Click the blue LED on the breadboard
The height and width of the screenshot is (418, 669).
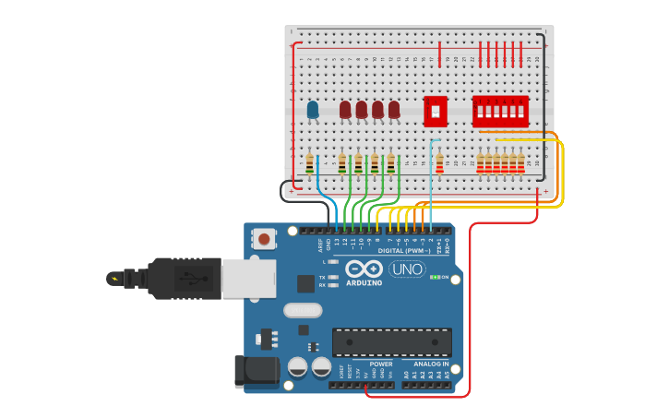pyautogui.click(x=313, y=110)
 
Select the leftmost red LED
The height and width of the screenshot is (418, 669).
pyautogui.click(x=345, y=110)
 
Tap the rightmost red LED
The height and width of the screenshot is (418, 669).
pyautogui.click(x=394, y=110)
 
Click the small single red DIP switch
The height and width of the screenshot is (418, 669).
pyautogui.click(x=436, y=111)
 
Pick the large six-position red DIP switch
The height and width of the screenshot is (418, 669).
pyautogui.click(x=500, y=111)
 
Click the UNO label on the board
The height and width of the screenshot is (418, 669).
pyautogui.click(x=407, y=269)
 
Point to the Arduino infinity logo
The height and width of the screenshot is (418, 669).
pyautogui.click(x=364, y=269)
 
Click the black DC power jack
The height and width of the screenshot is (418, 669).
pyautogui.click(x=257, y=370)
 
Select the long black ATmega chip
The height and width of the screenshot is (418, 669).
pyautogui.click(x=392, y=341)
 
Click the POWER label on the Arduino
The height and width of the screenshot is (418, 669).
pyautogui.click(x=381, y=364)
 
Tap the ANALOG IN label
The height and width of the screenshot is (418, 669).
pyautogui.click(x=432, y=364)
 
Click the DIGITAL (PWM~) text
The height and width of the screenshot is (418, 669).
pyautogui.click(x=404, y=250)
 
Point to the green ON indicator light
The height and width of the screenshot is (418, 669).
pyautogui.click(x=434, y=277)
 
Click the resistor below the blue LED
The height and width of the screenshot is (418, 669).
pyautogui.click(x=309, y=164)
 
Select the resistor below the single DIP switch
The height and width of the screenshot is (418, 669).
pyautogui.click(x=439, y=164)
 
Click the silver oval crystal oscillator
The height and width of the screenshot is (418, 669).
pyautogui.click(x=302, y=310)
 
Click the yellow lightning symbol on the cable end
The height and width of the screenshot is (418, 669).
pyautogui.click(x=114, y=278)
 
